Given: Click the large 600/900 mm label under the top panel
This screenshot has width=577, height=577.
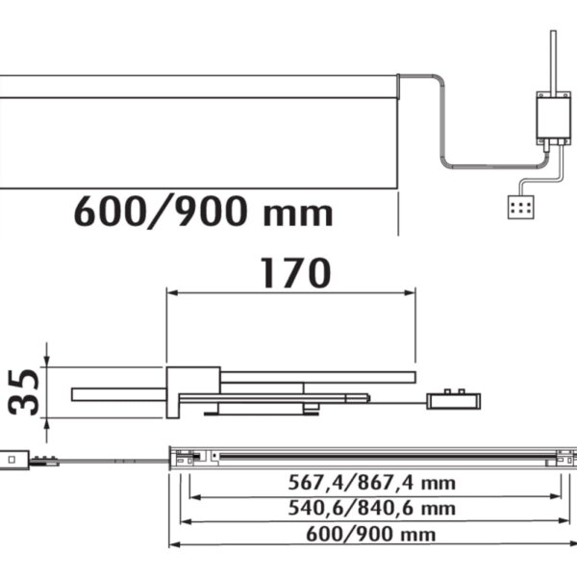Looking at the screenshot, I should click(204, 212).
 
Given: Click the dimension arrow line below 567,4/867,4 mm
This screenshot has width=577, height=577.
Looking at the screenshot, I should click(374, 497).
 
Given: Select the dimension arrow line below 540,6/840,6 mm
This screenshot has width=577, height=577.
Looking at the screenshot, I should click(374, 522).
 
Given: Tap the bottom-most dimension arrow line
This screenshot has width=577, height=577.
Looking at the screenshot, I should click(374, 545).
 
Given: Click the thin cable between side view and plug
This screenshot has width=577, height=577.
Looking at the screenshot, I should click(399, 400).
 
